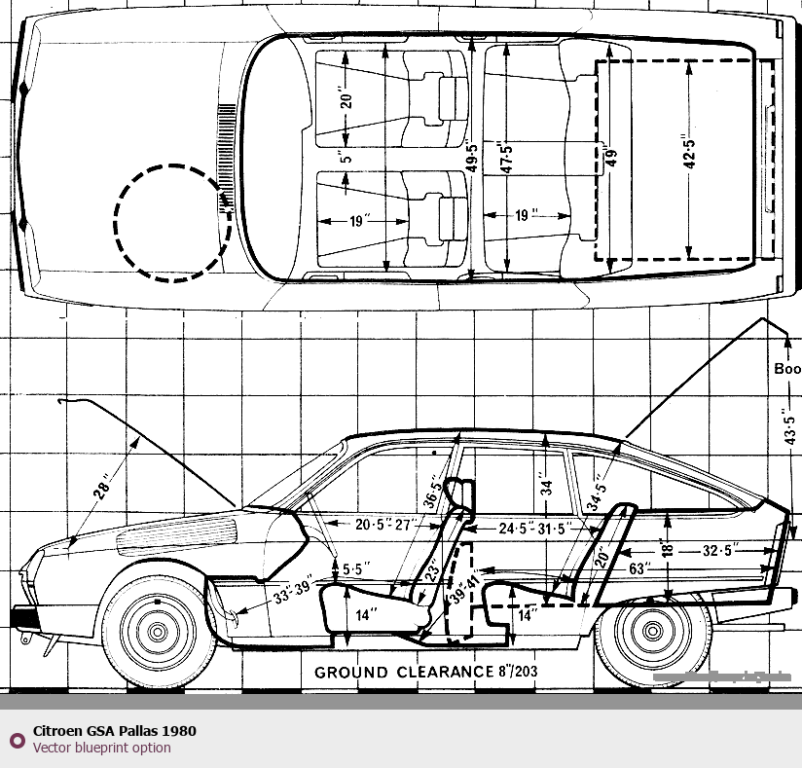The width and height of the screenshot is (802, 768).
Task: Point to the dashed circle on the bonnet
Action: (x=172, y=223)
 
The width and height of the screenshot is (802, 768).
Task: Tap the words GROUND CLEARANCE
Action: (x=404, y=672)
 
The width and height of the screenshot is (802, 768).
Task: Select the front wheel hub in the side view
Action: (x=158, y=631)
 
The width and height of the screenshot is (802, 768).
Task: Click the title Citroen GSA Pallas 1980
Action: (x=115, y=731)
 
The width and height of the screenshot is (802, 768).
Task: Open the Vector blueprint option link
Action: (x=101, y=748)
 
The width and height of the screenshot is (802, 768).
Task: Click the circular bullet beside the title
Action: (x=16, y=740)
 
